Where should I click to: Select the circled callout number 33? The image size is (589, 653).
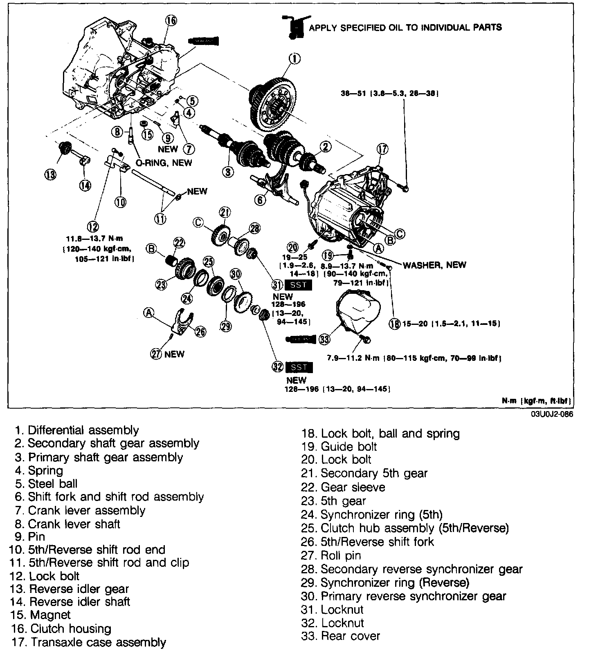click(x=324, y=339)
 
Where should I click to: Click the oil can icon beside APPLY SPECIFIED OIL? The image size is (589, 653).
click(x=294, y=27)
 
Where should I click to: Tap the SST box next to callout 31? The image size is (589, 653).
click(x=298, y=284)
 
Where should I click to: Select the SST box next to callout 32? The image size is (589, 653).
click(x=299, y=367)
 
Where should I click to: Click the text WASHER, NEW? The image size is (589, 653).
click(x=434, y=265)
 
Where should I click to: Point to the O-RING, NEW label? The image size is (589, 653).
click(x=164, y=163)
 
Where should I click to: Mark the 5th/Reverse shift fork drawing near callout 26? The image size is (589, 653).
click(x=184, y=321)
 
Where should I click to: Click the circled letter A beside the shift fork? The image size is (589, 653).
click(x=149, y=313)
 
